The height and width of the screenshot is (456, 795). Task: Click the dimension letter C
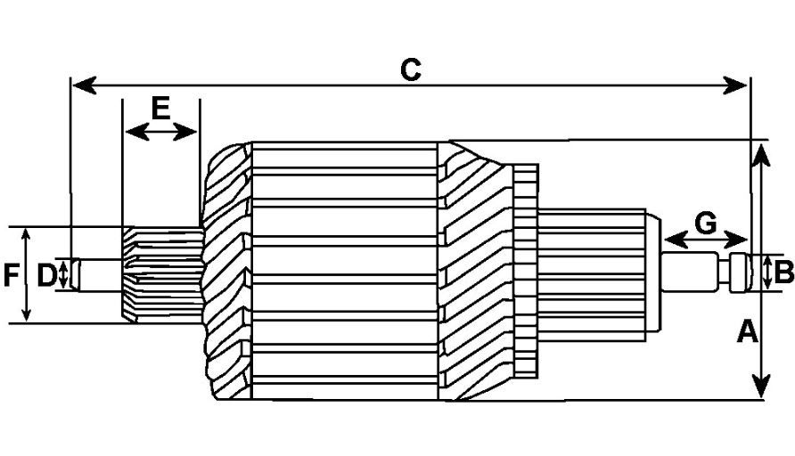click(x=411, y=69)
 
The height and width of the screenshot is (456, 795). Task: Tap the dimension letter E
click(x=160, y=109)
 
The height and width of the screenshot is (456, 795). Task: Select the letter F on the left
click(x=10, y=275)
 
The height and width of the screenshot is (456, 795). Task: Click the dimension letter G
click(x=705, y=224)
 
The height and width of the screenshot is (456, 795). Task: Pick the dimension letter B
click(x=784, y=273)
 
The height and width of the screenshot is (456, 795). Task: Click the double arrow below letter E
click(x=160, y=133)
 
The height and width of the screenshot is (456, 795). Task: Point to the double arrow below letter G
click(x=706, y=240)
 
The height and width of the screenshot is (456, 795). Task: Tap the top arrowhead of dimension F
click(x=28, y=234)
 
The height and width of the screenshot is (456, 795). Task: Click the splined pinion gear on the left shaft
click(x=160, y=274)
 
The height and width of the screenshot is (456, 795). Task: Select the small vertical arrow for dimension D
click(x=62, y=274)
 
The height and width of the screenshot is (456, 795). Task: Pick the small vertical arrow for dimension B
click(x=767, y=273)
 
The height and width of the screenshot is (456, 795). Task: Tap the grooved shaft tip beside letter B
click(x=742, y=273)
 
